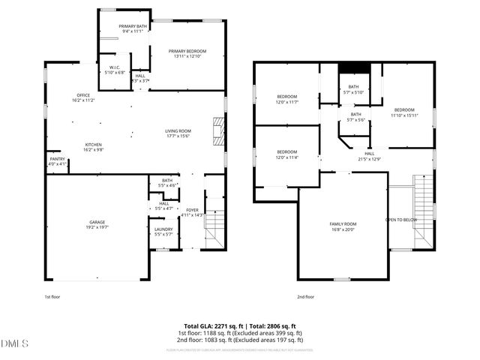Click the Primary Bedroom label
click(x=187, y=51)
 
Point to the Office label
click(x=82, y=95)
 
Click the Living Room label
click(x=178, y=131)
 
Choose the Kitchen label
click(x=93, y=145)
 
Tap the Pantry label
click(x=57, y=158)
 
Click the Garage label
click(x=97, y=222)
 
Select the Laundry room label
click(x=163, y=229)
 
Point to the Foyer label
click(x=192, y=210)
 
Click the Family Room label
click(x=343, y=224)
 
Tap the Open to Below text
click(x=401, y=220)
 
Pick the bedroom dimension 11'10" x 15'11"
click(x=404, y=115)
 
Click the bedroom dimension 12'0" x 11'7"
click(x=287, y=101)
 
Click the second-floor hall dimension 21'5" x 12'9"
click(x=370, y=158)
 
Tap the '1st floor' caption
click(x=52, y=297)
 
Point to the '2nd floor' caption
click(x=306, y=297)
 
